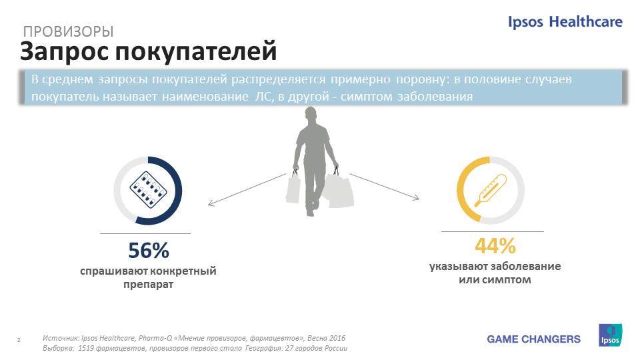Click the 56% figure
pos(149,251)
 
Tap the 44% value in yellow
pos(495,246)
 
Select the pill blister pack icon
pos(148,190)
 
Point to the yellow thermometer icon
pos(491,191)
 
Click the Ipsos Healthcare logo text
pos(565,21)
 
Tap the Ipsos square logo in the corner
pos(610,335)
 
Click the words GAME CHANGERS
pos(533,339)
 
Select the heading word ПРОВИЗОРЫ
pos(68,31)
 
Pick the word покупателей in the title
pos(196,52)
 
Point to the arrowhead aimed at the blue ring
pos(211,203)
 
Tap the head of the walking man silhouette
pos(311,115)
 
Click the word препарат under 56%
pos(148,285)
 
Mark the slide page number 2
pos(19,340)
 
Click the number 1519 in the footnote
pos(86,348)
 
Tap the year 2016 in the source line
pos(337,338)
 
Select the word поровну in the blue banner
pos(423,79)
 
